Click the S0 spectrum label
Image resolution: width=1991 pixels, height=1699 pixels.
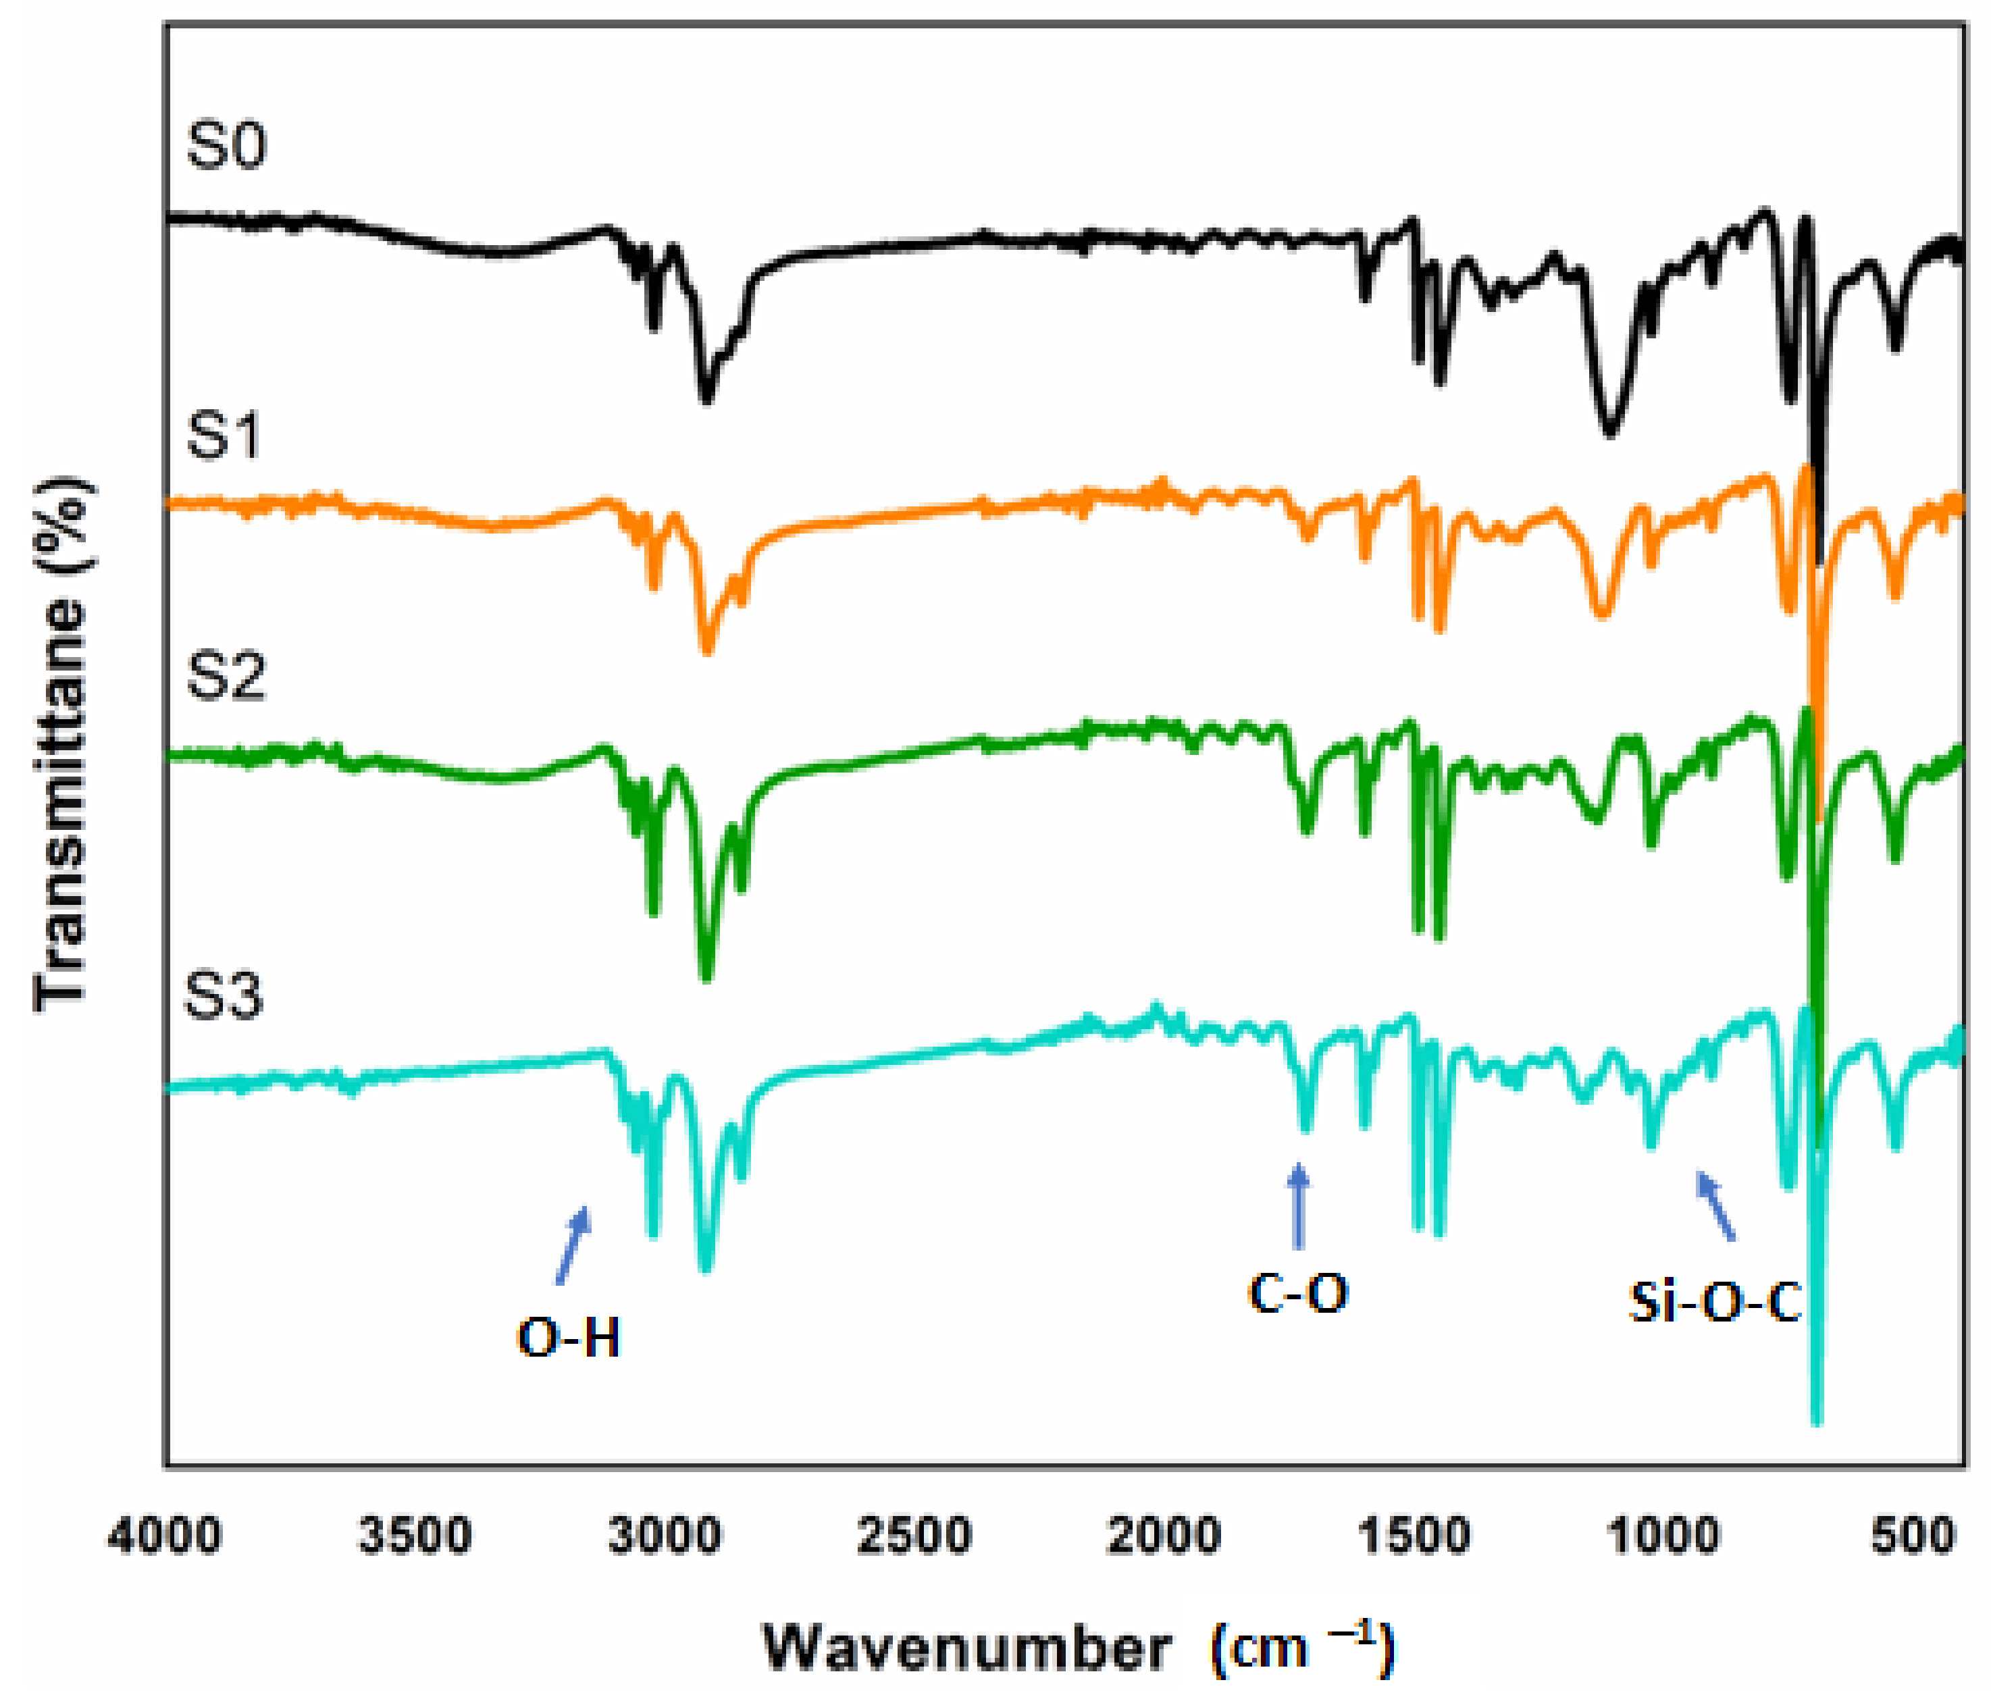(x=226, y=147)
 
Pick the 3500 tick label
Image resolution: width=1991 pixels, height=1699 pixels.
(x=415, y=1536)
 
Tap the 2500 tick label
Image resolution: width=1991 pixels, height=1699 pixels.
(x=914, y=1536)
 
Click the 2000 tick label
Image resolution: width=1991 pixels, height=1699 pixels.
(x=1164, y=1536)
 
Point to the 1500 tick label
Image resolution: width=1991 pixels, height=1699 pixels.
(x=1414, y=1536)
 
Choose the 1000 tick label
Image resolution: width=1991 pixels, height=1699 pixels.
(x=1663, y=1536)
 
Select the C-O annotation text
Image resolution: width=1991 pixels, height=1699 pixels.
(x=1298, y=1292)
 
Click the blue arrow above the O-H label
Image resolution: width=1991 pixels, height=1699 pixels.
(x=573, y=1245)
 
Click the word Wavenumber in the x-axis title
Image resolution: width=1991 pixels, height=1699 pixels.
(x=966, y=1649)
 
